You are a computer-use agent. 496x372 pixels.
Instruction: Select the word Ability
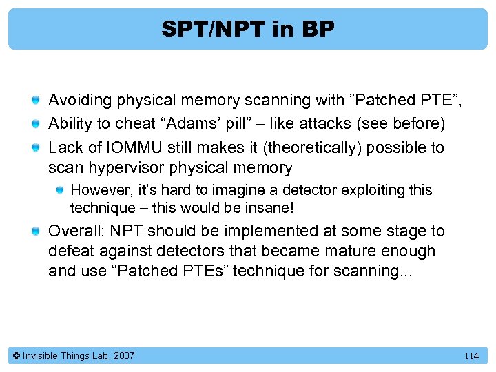click(68, 124)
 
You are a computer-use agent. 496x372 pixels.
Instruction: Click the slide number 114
click(471, 356)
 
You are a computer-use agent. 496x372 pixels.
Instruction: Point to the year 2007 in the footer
click(123, 356)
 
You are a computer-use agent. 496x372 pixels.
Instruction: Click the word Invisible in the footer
click(42, 356)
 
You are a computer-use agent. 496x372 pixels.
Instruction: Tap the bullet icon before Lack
click(36, 148)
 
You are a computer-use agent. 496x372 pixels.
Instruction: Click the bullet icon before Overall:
click(36, 231)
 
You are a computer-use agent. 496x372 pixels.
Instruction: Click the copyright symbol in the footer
click(17, 356)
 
